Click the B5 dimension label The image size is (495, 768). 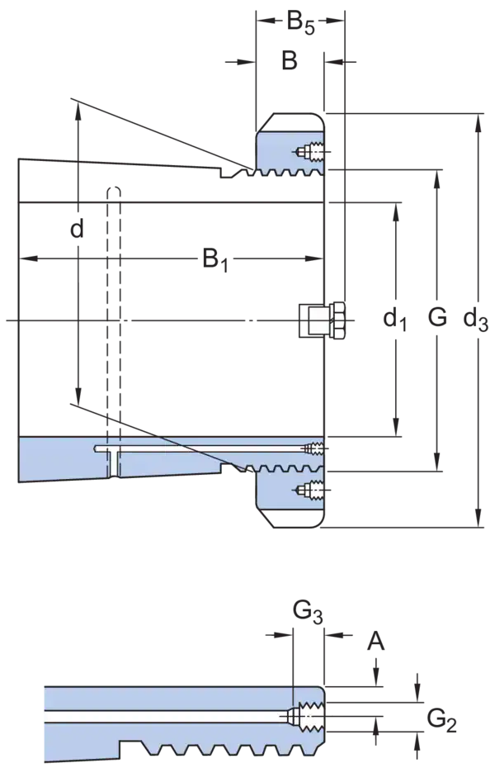point(299,23)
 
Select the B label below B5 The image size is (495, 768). point(290,61)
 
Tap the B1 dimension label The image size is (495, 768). point(215,259)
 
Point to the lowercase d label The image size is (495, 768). point(78,228)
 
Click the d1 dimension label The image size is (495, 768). point(394,320)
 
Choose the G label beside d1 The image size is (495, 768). point(437,317)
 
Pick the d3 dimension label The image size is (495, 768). point(475,320)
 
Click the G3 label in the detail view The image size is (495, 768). point(308,612)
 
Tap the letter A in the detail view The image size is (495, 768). point(375,641)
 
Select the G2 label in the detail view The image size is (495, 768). point(441,720)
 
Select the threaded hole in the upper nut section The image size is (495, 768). point(312,152)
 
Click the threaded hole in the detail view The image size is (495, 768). point(306,717)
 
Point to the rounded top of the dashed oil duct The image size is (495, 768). point(114,191)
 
